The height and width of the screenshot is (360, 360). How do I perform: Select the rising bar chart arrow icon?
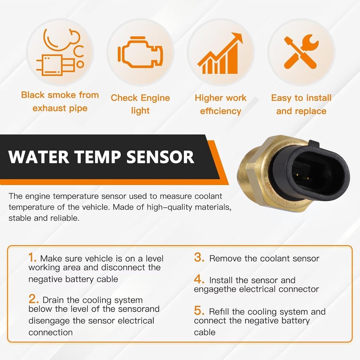220,54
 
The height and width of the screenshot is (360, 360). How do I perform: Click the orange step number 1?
32,257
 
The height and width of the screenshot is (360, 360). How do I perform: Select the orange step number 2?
33,299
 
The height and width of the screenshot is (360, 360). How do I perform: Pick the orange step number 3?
199,257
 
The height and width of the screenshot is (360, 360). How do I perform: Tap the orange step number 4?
199,279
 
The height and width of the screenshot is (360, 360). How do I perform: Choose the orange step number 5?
199,311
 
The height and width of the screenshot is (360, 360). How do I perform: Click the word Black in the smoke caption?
33,95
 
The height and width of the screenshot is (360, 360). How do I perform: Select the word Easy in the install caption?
282,98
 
